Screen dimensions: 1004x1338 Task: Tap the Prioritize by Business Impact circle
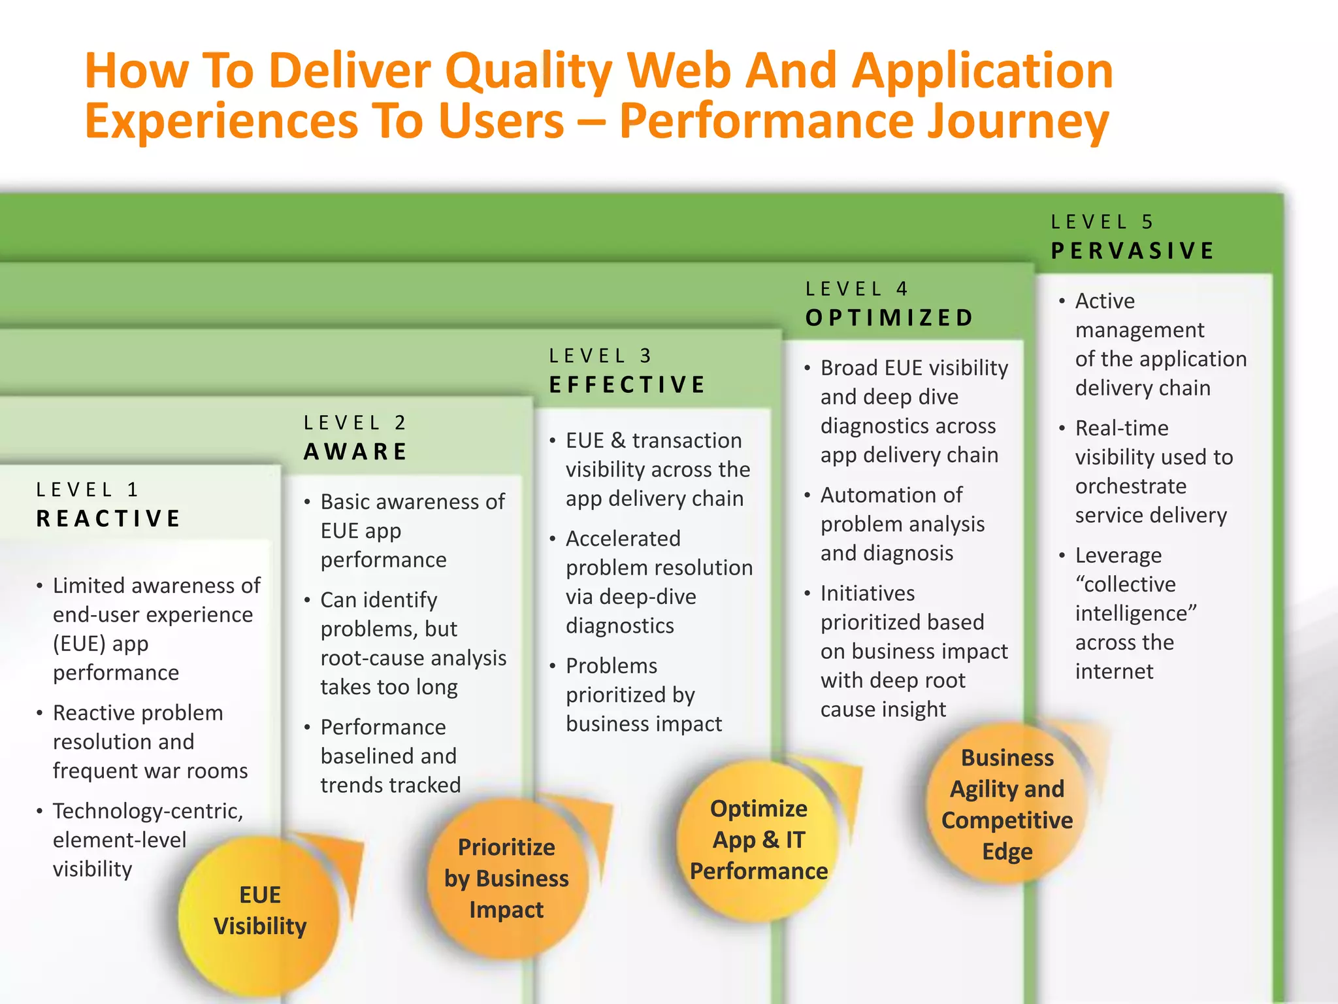pos(506,878)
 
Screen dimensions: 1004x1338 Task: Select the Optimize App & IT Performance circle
pos(759,841)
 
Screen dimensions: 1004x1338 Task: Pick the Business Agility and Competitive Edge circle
pos(1007,804)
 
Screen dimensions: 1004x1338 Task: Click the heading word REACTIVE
pos(108,519)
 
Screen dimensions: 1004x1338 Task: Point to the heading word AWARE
pos(356,452)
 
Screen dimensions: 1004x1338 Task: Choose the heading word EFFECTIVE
pos(627,385)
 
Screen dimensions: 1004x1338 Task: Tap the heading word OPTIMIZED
pos(890,318)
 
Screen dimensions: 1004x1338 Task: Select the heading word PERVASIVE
pos(1133,251)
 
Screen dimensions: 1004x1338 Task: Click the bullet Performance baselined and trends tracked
pos(389,756)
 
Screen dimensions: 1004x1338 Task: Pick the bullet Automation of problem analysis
pos(902,524)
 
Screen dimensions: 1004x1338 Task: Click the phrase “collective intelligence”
pos(1135,599)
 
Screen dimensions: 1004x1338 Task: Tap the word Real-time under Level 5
pos(1122,428)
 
